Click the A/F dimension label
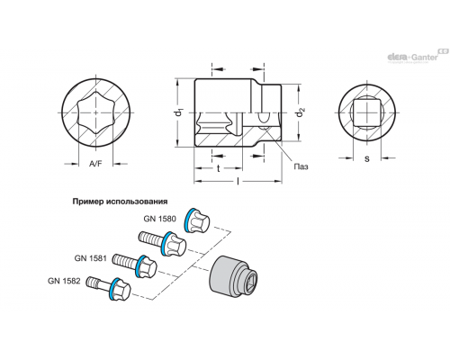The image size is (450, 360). [x=95, y=164]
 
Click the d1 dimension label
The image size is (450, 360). [x=179, y=112]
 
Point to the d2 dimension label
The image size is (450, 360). [x=299, y=113]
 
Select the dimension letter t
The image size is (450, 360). [x=219, y=169]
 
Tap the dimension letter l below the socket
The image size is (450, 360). [x=238, y=181]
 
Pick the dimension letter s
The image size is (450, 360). [x=367, y=158]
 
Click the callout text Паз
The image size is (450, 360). [x=301, y=166]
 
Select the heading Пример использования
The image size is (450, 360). [x=120, y=202]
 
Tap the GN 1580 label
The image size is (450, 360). [x=159, y=219]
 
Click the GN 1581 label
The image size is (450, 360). [x=90, y=257]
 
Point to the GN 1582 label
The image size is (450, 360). [x=64, y=281]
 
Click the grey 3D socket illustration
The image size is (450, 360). [x=233, y=276]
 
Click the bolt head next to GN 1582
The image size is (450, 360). [x=120, y=289]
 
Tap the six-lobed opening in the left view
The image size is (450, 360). [x=95, y=112]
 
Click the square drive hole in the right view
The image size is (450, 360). [x=366, y=113]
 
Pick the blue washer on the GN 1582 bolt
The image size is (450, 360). [x=112, y=289]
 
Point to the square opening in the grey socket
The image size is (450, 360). [x=249, y=282]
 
